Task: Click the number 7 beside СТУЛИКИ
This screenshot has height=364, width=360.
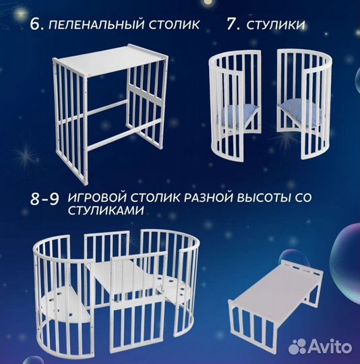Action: [x=233, y=25]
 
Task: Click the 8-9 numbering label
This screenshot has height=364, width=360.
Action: [x=47, y=200]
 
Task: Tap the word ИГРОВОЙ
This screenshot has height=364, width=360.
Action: [x=97, y=200]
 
